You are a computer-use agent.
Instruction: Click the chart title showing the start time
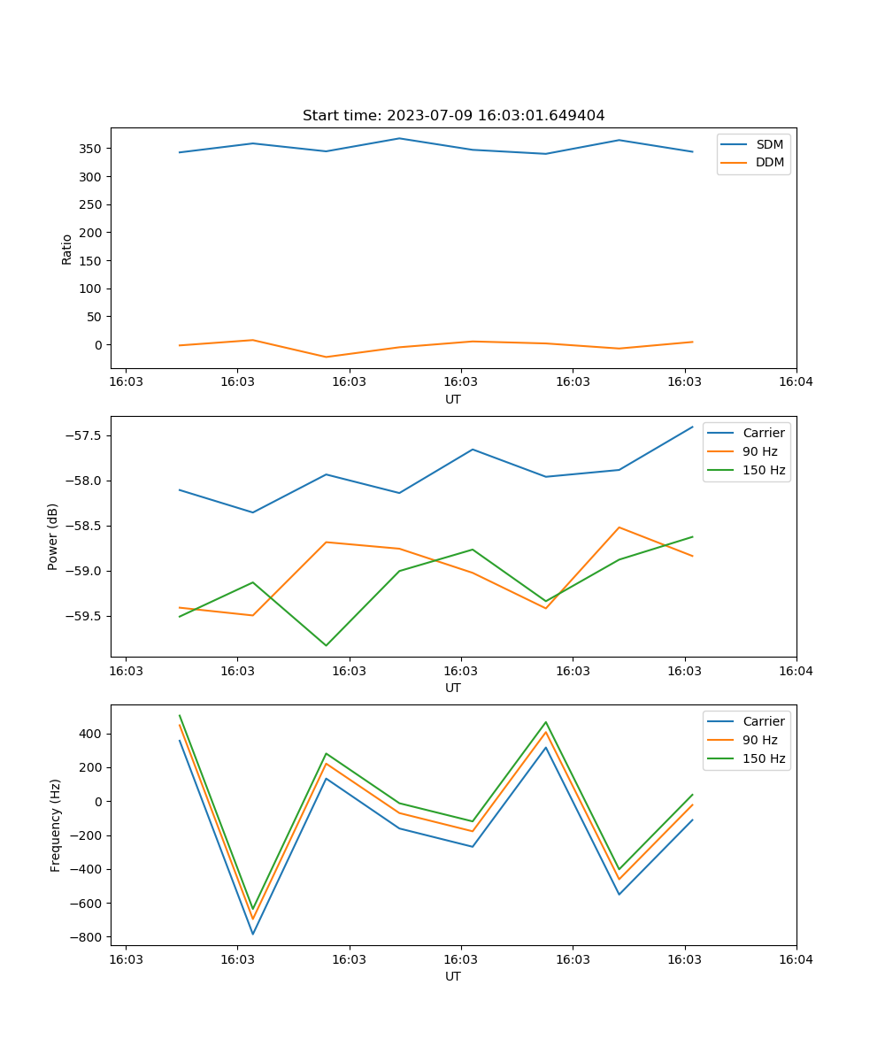[453, 116]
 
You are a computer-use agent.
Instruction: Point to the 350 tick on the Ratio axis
[92, 149]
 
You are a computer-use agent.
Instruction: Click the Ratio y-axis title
[66, 249]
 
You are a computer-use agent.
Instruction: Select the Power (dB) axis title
[53, 536]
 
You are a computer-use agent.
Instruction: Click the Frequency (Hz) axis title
[55, 825]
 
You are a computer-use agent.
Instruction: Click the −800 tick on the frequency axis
[86, 937]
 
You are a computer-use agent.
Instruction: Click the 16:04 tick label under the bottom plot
[796, 959]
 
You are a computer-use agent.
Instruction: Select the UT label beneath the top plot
[453, 399]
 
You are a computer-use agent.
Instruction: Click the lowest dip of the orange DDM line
[326, 357]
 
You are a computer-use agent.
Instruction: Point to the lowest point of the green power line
[326, 645]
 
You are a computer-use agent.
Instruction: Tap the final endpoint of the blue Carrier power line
[692, 427]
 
